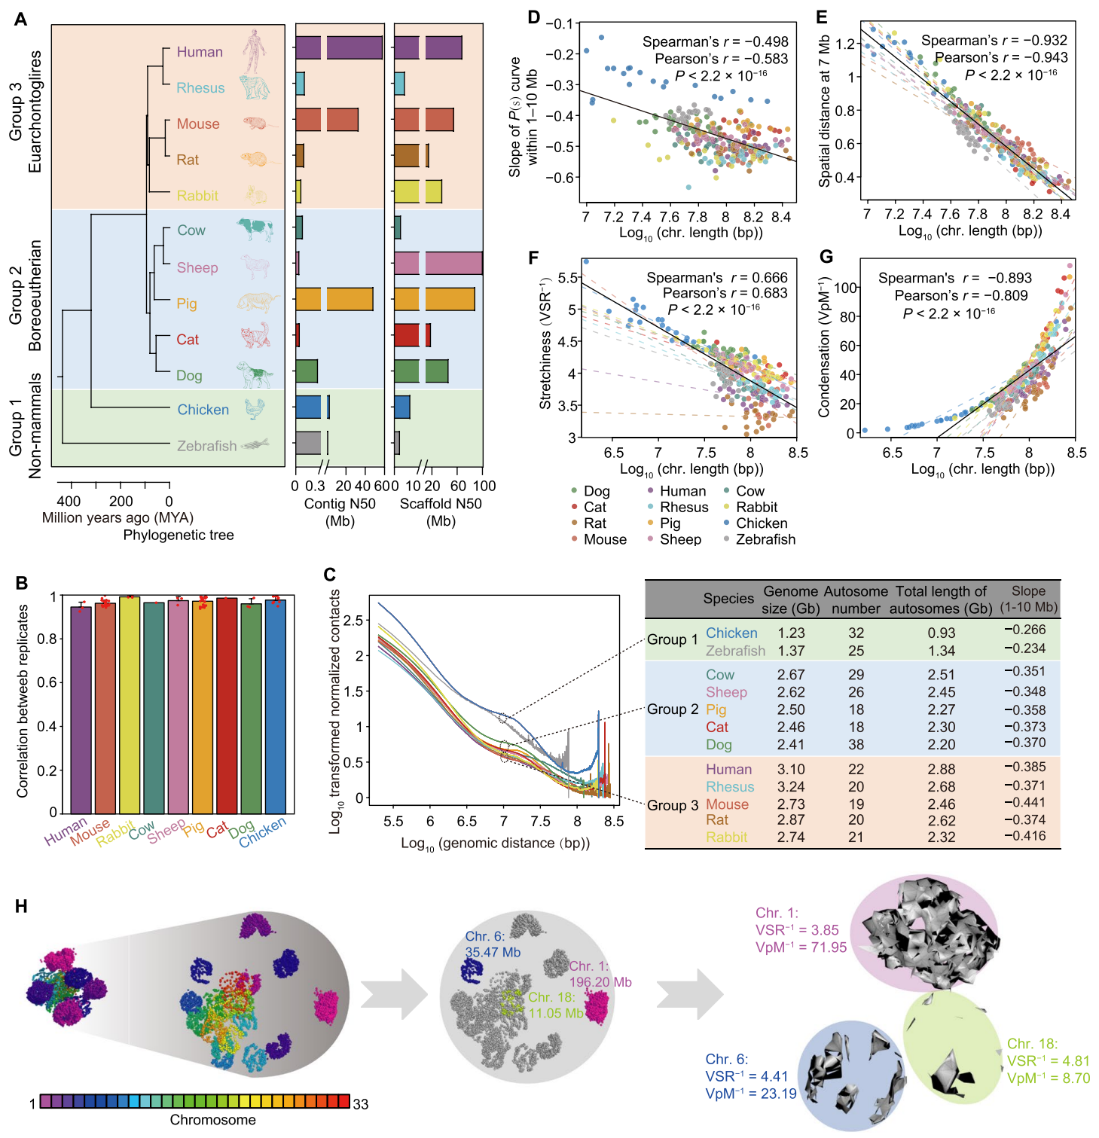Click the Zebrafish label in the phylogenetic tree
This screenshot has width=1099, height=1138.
pos(206,446)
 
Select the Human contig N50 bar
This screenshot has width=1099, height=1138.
pos(338,47)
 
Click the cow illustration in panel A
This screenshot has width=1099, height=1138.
pos(255,229)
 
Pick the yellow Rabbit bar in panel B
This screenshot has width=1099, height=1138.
pos(130,704)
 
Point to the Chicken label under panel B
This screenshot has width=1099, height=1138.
pos(263,832)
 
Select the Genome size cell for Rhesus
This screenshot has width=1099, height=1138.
pos(791,786)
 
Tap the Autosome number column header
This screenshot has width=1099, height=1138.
pos(855,600)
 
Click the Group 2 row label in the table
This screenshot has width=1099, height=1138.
pos(673,709)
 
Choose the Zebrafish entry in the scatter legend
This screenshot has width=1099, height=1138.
pos(765,539)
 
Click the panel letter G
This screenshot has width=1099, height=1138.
pos(826,257)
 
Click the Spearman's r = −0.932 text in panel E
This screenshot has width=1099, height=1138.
pos(994,41)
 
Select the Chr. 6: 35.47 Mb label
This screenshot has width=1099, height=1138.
pos(493,944)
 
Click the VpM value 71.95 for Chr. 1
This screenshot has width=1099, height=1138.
pos(829,947)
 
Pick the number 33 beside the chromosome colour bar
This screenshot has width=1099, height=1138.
pos(361,1104)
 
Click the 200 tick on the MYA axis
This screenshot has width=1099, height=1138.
pos(121,502)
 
